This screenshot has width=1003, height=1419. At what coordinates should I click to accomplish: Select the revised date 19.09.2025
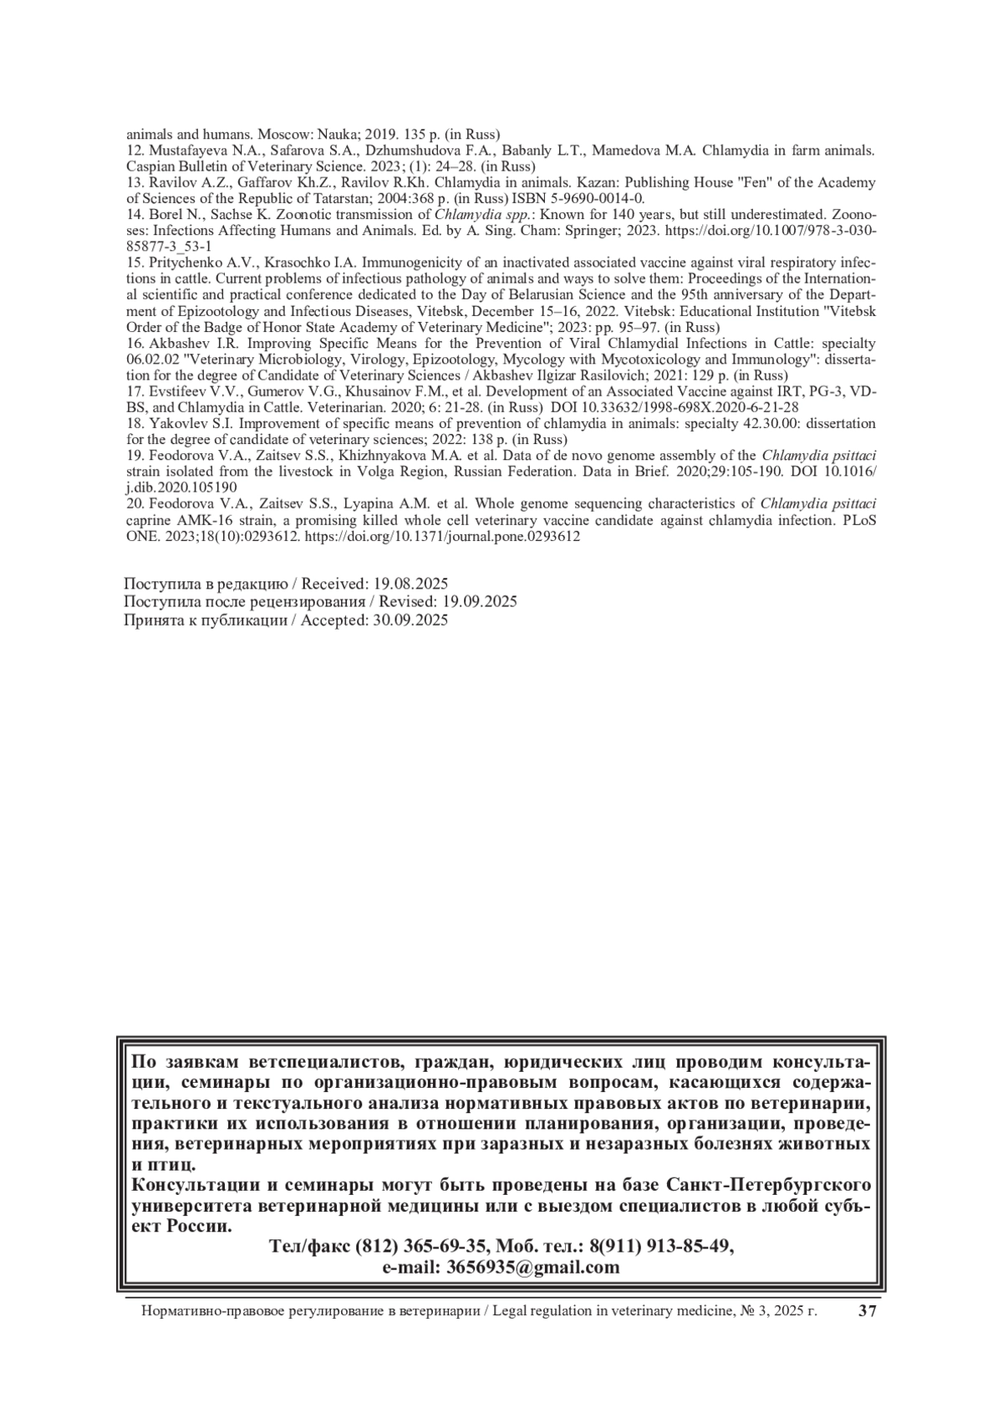(x=479, y=601)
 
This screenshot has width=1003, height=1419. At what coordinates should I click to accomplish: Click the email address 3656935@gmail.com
(x=533, y=1267)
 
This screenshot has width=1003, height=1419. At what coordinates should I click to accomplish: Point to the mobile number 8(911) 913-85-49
(x=661, y=1246)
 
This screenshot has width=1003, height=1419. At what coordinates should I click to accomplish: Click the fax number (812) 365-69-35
(x=420, y=1246)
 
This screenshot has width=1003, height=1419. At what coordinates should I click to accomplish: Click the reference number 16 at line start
(x=135, y=344)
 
